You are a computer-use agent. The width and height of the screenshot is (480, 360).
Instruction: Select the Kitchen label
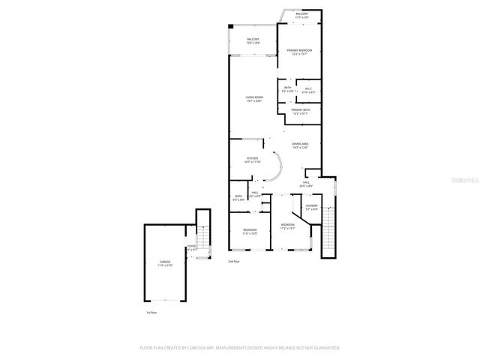253,159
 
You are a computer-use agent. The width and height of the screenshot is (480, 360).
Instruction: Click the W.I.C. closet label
308,90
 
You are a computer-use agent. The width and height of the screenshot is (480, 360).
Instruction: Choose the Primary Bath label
300,112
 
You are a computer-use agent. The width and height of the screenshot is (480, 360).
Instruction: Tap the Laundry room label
311,207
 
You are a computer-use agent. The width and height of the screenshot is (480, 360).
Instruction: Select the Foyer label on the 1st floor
192,247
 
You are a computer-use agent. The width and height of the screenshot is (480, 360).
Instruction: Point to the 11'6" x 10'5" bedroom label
250,232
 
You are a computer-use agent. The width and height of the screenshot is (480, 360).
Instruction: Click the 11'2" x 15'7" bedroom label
288,226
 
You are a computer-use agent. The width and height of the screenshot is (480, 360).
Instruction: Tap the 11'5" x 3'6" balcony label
301,16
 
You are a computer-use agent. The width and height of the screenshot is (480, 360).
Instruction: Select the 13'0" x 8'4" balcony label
253,41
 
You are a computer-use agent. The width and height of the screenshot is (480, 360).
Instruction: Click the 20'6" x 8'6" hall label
307,184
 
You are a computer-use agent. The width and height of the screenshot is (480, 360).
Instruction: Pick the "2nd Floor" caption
234,261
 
